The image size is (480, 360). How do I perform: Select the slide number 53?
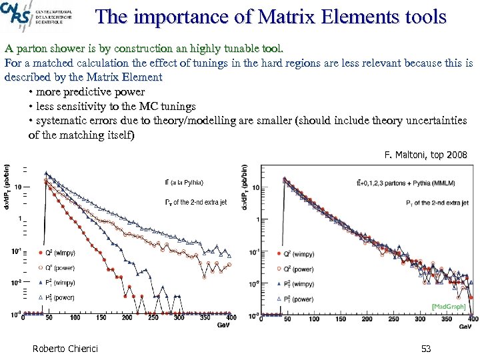427,349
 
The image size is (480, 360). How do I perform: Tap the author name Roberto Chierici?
63,349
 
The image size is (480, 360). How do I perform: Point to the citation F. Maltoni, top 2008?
426,155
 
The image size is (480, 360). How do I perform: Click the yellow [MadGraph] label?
448,306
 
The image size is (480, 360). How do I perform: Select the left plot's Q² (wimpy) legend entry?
56,253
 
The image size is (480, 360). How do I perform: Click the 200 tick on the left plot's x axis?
127,318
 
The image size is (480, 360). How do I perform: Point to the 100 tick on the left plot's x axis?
75,318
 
